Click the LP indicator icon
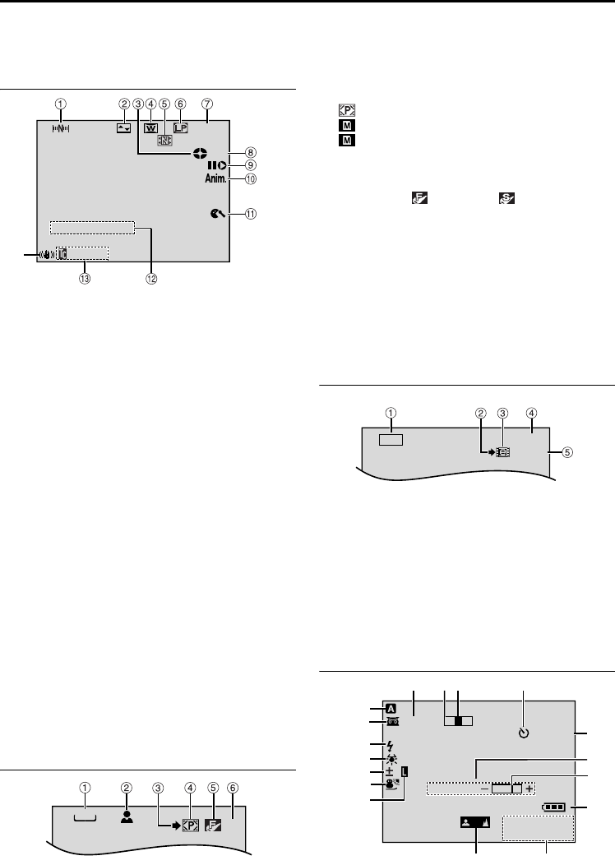click(x=180, y=127)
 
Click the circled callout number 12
click(x=152, y=277)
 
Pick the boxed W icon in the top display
click(x=150, y=127)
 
